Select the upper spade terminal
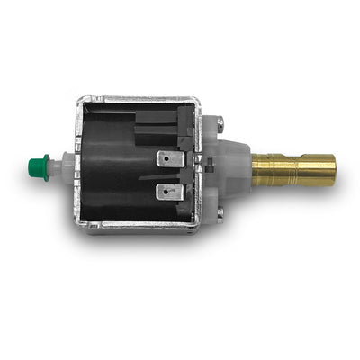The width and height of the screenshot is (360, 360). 169,160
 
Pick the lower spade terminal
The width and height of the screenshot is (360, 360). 169,192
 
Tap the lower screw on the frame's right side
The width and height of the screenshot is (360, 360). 219,214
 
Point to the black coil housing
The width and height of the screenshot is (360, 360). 112,171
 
